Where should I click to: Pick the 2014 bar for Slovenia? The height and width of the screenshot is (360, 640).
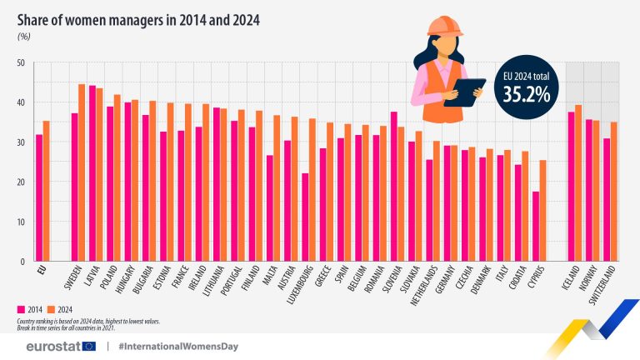click(393, 187)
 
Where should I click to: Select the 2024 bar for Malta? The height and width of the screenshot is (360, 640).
click(277, 188)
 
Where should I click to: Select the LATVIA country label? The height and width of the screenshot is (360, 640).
click(92, 278)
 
